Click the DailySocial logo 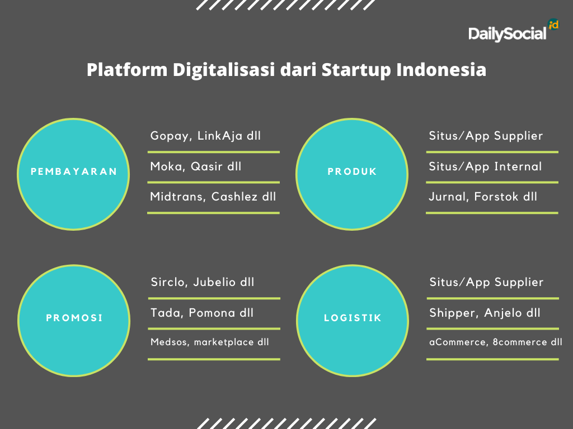click(x=514, y=31)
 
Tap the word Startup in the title click(x=356, y=70)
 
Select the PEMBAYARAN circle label click(x=74, y=171)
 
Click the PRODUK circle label click(x=352, y=171)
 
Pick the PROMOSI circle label click(x=74, y=318)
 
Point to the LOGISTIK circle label click(x=353, y=318)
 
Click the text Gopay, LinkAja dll click(x=205, y=136)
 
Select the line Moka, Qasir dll click(x=196, y=166)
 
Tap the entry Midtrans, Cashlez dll click(x=213, y=197)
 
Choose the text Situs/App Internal click(x=485, y=166)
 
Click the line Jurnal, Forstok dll click(x=483, y=197)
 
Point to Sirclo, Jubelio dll click(x=203, y=282)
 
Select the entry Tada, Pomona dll click(x=202, y=313)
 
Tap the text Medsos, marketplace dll click(x=210, y=342)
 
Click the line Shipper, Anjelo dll click(x=485, y=313)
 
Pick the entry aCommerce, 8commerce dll click(x=496, y=342)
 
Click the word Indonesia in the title click(x=442, y=69)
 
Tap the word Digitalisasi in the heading click(x=224, y=70)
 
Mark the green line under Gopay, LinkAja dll click(x=213, y=152)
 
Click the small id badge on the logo click(x=553, y=25)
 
